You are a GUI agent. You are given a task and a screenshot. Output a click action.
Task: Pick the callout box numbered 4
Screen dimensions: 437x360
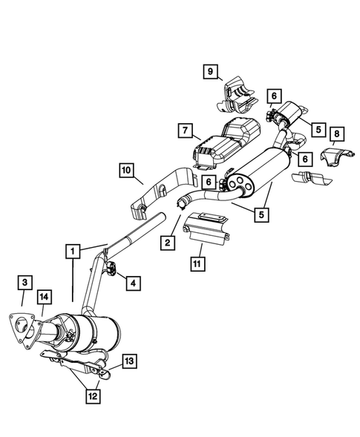pyautogui.click(x=134, y=282)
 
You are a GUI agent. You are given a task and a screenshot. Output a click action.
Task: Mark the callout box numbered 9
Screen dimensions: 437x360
pyautogui.click(x=210, y=72)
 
